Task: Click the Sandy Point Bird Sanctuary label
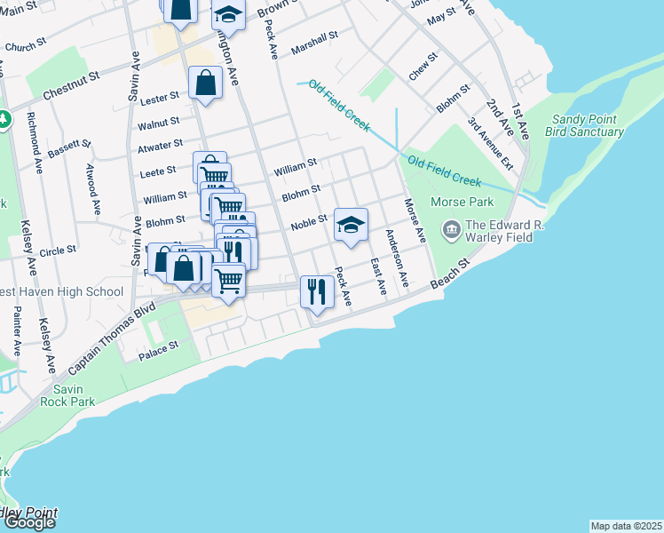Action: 588,125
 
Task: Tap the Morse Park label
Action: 462,203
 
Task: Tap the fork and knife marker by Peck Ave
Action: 317,290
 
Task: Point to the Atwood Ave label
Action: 92,189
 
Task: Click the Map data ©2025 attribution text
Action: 626,526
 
